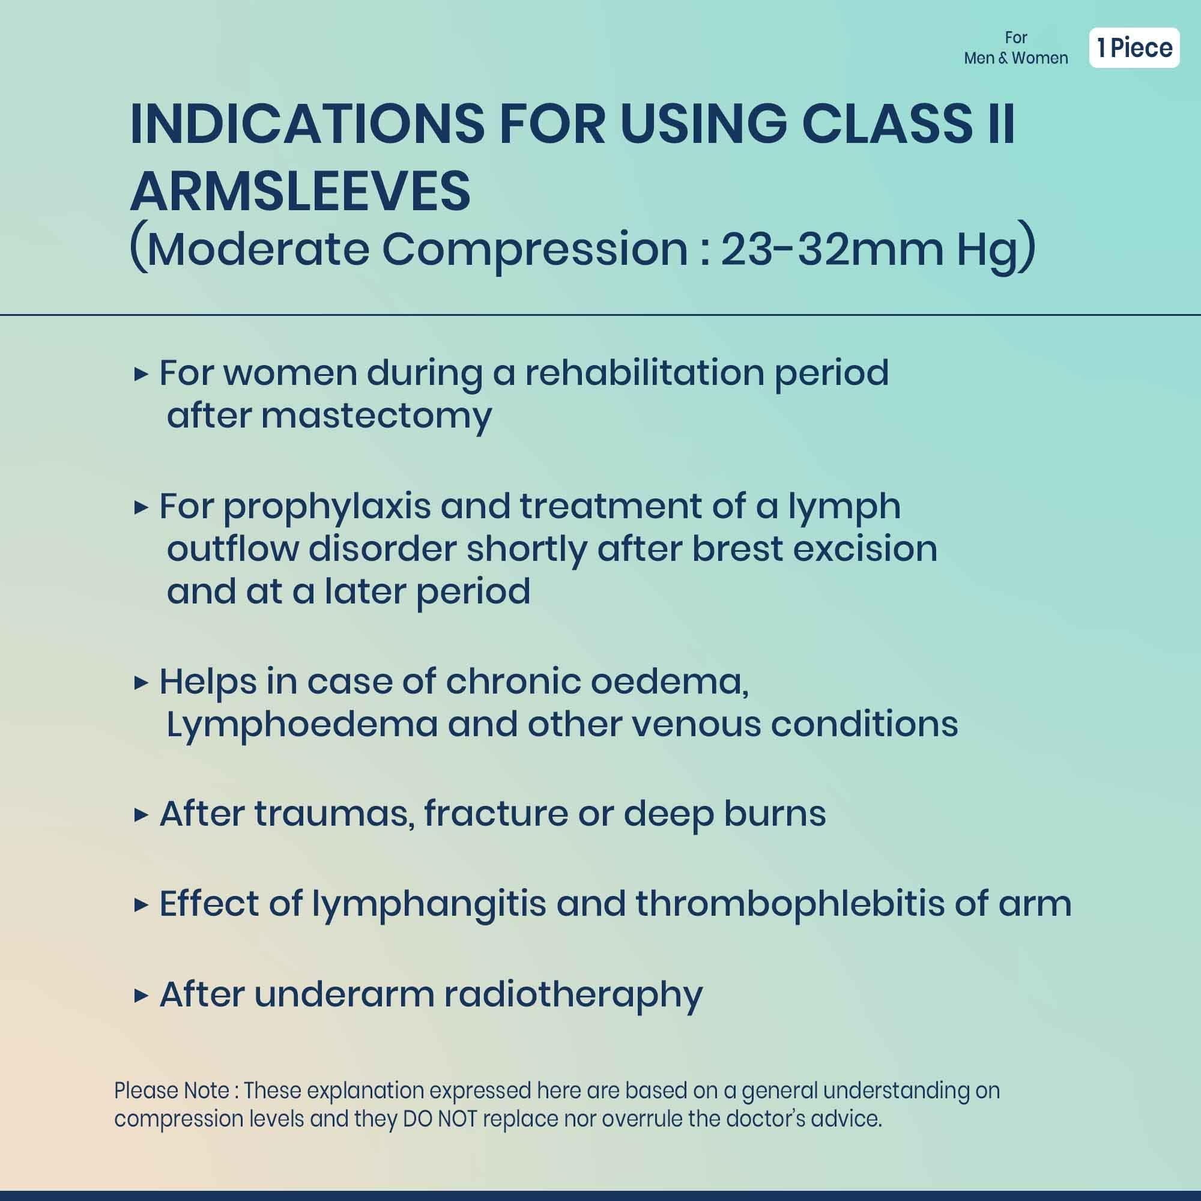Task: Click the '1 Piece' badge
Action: click(1134, 48)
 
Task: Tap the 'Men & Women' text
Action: click(1016, 58)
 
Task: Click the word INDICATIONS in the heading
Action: click(306, 125)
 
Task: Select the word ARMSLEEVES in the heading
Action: click(300, 192)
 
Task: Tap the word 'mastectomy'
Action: click(376, 416)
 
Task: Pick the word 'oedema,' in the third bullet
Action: click(670, 682)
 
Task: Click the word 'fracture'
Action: click(496, 814)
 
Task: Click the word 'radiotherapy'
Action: click(573, 996)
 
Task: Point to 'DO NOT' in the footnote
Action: click(440, 1119)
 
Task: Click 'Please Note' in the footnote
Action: click(172, 1091)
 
